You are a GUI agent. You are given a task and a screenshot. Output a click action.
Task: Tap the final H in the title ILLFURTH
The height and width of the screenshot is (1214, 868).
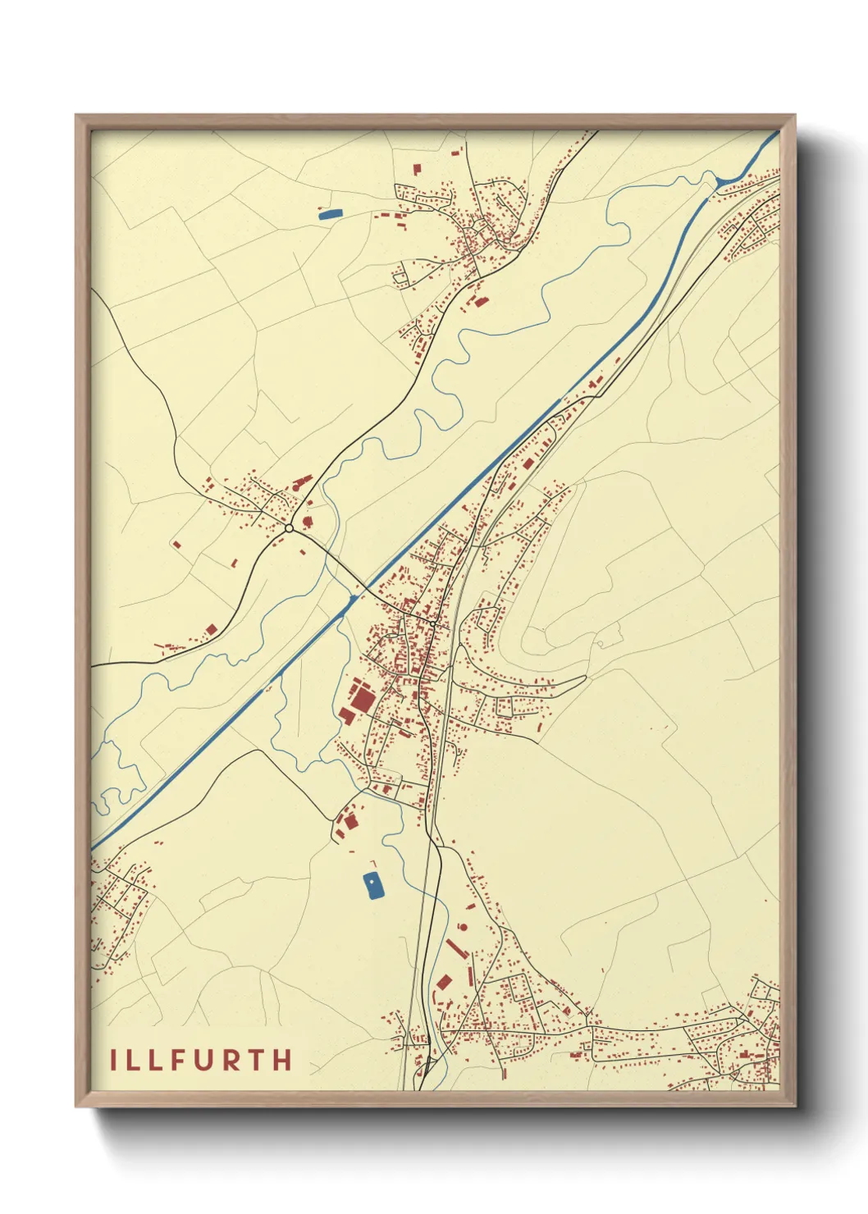[282, 1060]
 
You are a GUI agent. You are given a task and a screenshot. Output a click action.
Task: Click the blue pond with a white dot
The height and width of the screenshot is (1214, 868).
[373, 886]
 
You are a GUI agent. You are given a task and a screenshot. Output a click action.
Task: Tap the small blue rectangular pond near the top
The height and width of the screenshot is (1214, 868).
[329, 214]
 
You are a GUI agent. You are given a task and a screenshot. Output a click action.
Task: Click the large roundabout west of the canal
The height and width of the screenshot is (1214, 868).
[289, 528]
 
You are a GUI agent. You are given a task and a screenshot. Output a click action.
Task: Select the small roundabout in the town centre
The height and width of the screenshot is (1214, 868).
[432, 624]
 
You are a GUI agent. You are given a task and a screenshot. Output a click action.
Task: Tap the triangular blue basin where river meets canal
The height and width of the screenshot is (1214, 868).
[721, 182]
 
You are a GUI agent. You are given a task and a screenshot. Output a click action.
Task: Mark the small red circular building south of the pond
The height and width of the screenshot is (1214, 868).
[462, 927]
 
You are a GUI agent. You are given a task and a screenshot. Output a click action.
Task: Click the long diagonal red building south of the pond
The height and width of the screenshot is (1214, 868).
[456, 948]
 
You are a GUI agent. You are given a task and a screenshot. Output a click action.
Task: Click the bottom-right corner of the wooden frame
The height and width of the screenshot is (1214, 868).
[793, 1105]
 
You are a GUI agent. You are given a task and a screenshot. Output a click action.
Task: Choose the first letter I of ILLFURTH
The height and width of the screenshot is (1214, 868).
[114, 1060]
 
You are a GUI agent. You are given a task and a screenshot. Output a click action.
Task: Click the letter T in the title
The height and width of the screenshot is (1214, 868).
[257, 1060]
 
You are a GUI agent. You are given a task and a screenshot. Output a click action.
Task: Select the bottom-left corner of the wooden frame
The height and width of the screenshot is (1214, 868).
[77, 1105]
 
